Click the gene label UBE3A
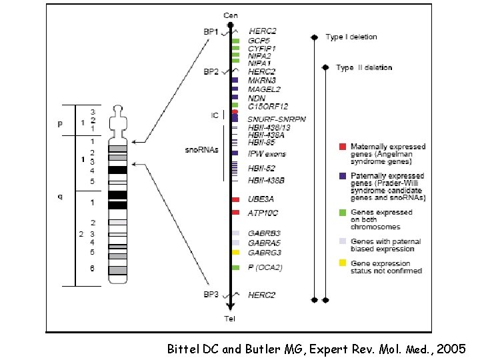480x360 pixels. [x=261, y=199]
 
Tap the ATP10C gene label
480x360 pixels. [x=263, y=213]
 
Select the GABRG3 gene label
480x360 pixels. [x=265, y=253]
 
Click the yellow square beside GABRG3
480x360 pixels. [x=235, y=253]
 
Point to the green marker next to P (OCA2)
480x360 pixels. [x=235, y=267]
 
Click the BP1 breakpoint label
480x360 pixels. [x=211, y=31]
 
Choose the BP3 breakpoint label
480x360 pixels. [x=211, y=294]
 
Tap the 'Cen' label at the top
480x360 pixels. [x=230, y=15]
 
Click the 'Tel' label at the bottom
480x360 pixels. [x=230, y=319]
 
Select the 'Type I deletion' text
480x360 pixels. [x=351, y=37]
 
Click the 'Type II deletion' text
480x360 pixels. [x=364, y=67]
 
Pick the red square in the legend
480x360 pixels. [x=342, y=147]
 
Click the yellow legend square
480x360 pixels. [x=342, y=264]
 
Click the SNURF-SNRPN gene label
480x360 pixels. [x=277, y=119]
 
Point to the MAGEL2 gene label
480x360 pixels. [x=265, y=89]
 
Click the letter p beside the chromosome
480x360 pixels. [x=60, y=123]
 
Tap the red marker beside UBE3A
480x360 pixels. [x=235, y=199]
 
